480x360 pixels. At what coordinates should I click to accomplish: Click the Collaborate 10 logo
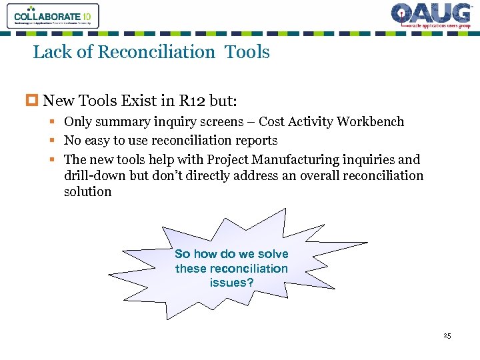click(53, 16)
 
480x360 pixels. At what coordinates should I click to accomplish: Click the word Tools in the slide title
click(247, 52)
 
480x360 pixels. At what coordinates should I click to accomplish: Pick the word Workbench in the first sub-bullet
click(370, 121)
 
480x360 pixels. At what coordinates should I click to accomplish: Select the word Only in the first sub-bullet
click(79, 121)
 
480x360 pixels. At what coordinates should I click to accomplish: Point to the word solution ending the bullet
click(88, 191)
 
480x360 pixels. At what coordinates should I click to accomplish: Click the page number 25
click(447, 335)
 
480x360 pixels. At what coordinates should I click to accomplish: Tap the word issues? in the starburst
click(231, 283)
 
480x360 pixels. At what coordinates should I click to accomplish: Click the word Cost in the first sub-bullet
click(271, 121)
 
